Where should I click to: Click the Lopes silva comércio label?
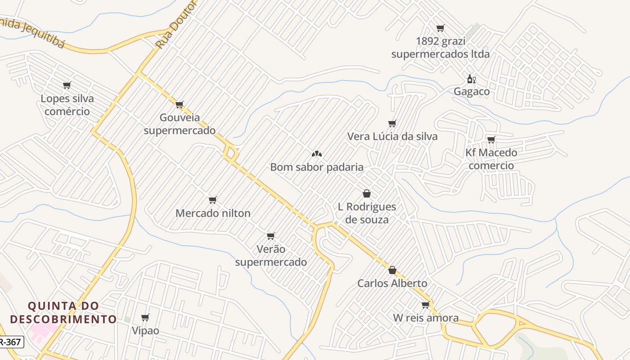click(x=67, y=105)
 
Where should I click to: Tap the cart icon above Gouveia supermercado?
click(x=179, y=105)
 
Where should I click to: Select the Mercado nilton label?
click(x=213, y=213)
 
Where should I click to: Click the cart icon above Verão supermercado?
click(x=270, y=236)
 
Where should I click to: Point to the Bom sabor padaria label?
click(x=316, y=167)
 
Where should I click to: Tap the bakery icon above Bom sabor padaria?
click(x=316, y=154)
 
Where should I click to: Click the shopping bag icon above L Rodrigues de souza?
click(x=367, y=193)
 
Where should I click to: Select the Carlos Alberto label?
click(x=392, y=283)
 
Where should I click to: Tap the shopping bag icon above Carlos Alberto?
click(x=392, y=270)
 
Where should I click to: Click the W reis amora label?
click(x=426, y=318)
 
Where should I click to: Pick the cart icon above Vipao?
click(x=145, y=317)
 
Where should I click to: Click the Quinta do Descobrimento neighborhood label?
click(x=63, y=313)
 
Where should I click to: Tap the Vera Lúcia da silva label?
click(x=392, y=136)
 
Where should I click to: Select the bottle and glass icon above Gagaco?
click(x=471, y=79)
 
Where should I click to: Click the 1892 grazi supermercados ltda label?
click(x=440, y=48)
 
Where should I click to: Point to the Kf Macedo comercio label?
click(x=491, y=159)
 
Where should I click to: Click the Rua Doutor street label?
click(x=176, y=25)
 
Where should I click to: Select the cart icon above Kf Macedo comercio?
click(x=491, y=139)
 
